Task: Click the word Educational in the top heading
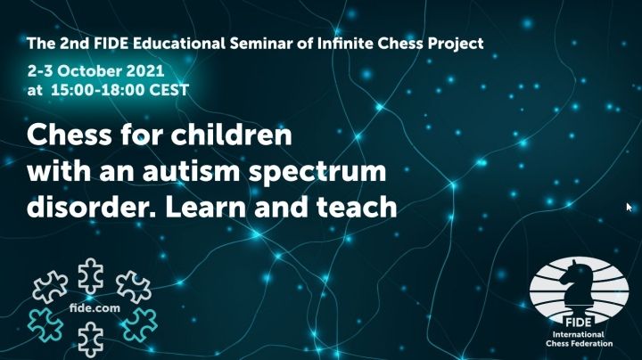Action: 178,43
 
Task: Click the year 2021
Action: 145,70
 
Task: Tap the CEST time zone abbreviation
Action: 169,90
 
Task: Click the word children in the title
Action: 231,135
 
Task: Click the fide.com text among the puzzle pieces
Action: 95,307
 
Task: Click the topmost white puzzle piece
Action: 90,275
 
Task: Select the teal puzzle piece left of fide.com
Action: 45,324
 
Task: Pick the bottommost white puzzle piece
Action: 90,340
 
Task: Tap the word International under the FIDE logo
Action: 578,334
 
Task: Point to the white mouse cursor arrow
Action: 629,207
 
